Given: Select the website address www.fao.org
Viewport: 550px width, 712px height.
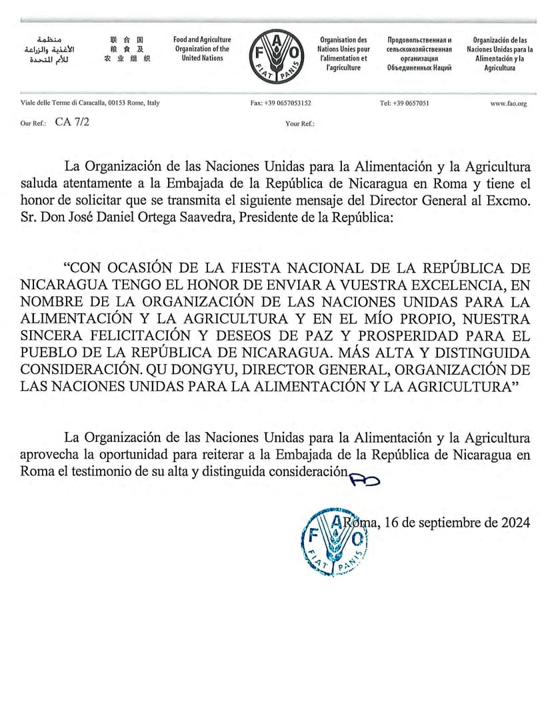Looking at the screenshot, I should tap(509, 103).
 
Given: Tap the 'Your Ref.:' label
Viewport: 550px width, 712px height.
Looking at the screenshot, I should tap(300, 123).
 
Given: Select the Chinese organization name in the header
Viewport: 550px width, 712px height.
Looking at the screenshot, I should tap(127, 49).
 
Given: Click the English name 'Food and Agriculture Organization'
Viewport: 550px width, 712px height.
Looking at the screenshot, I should tap(202, 49).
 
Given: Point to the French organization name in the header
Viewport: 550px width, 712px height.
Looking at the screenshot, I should tap(343, 54).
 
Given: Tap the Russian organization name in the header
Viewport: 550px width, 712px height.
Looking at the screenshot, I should tap(419, 54).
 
